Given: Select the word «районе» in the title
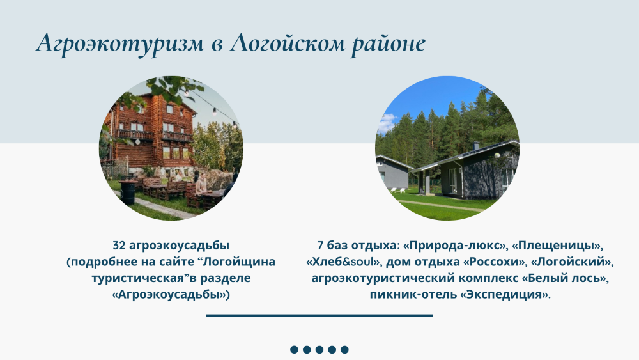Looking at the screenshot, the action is [388, 44].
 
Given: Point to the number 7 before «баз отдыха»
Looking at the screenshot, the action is [320, 246].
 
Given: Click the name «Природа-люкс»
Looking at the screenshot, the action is [455, 246].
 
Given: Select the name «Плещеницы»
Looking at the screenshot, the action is [556, 246].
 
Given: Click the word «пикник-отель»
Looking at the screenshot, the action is [413, 294].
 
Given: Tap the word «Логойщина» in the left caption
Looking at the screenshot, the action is [240, 262].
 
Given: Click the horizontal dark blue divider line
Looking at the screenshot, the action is [319, 315].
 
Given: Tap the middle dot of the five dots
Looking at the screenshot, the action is [319, 349].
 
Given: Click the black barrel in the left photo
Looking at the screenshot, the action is [128, 193].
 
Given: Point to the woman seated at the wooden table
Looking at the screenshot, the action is [202, 185].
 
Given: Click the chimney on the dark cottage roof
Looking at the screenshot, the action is [476, 146].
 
